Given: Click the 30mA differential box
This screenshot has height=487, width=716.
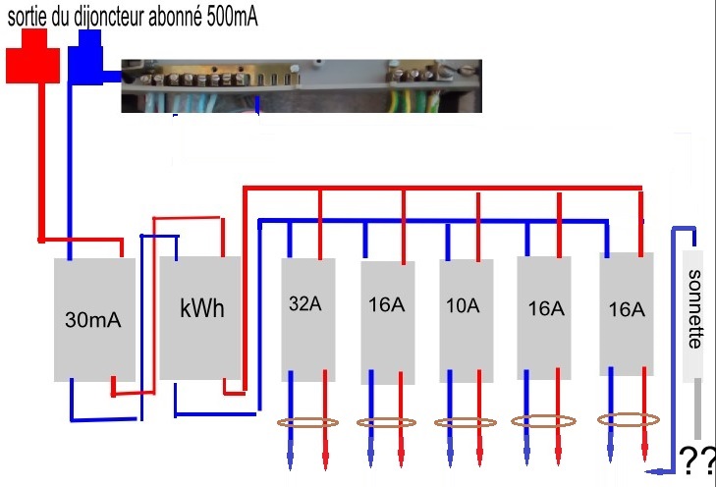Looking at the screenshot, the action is pos(93,320).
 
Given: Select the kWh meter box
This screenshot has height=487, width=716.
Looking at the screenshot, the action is pos(200,316).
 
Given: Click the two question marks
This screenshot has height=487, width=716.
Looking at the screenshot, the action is pos(695,457).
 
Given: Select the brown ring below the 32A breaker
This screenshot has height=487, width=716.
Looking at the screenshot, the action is pos(307,423).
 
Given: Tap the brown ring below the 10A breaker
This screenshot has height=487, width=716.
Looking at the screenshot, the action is pos(465,423).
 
